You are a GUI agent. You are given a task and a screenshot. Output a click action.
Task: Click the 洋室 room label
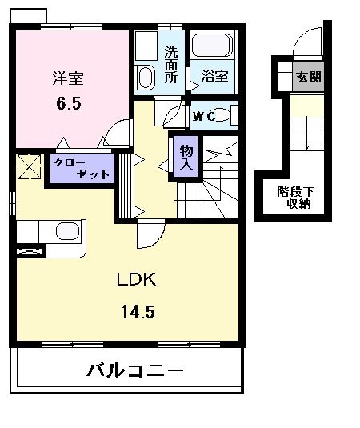70,78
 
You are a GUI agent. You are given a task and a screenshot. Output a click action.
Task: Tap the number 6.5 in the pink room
70,104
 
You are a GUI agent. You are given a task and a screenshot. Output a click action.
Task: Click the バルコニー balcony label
134,372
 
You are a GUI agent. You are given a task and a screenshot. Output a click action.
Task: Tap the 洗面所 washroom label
171,66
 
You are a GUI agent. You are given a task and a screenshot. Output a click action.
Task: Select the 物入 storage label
186,158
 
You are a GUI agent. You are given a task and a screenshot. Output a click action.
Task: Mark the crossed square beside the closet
29,167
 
